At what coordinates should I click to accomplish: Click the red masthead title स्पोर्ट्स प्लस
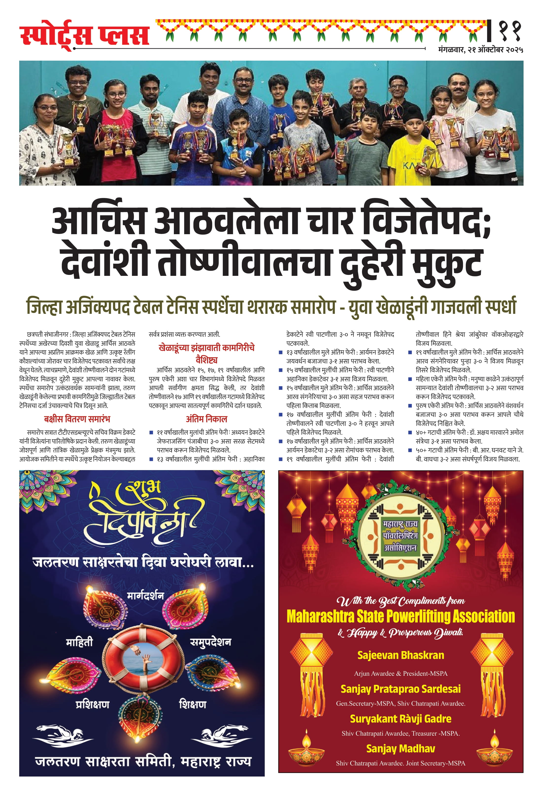click(x=84, y=35)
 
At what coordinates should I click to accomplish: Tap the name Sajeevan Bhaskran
click(x=400, y=655)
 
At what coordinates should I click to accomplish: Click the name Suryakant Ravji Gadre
click(x=400, y=719)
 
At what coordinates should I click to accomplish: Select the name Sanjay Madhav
click(x=400, y=748)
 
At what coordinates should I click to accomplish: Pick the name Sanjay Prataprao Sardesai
click(x=400, y=689)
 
